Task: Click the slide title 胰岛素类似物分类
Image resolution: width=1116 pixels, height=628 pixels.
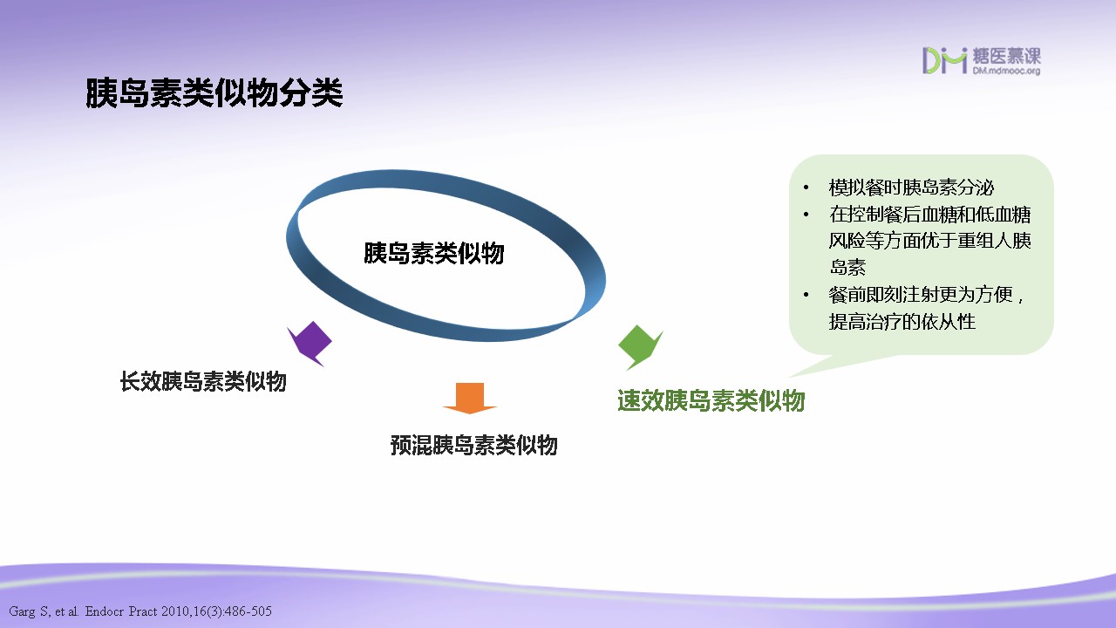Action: click(214, 93)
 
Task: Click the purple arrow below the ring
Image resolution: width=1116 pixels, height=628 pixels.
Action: click(310, 344)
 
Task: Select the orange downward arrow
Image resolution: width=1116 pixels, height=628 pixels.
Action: click(470, 399)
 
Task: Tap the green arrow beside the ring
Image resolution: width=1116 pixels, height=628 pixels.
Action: click(640, 347)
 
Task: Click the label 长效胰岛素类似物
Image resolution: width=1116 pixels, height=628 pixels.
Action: click(203, 382)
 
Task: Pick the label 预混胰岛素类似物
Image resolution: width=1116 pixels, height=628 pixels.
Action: click(473, 445)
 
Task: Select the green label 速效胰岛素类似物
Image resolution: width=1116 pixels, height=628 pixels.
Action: click(711, 400)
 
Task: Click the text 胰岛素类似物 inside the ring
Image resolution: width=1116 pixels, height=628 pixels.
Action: click(434, 253)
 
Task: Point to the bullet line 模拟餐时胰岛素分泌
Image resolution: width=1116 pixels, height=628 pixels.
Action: click(911, 188)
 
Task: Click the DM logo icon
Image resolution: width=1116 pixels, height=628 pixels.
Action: click(944, 61)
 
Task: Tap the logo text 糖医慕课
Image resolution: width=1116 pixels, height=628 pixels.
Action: click(1007, 56)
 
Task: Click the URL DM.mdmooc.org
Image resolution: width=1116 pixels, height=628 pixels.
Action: click(1006, 71)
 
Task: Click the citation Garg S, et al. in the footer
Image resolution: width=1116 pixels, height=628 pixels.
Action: click(44, 611)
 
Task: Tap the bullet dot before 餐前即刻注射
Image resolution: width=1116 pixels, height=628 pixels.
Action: click(806, 295)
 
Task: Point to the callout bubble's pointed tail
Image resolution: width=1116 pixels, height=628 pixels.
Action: click(789, 377)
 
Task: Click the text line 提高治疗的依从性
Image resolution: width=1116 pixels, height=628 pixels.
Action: click(902, 322)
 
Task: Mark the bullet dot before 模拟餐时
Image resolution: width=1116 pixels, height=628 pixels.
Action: click(806, 188)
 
